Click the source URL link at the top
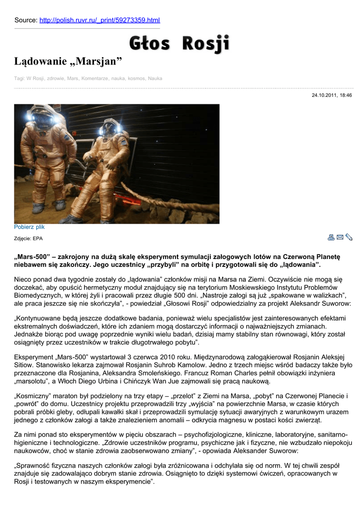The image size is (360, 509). pos(99,20)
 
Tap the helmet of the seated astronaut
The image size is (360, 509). pos(109,129)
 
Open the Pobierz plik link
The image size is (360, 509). pos(29,227)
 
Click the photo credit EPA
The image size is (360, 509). pos(37,239)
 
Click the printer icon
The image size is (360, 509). pos(331,237)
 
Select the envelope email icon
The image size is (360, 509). pos(340,237)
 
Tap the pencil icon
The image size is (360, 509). pos(349,237)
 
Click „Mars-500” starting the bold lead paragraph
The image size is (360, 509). pos(31,257)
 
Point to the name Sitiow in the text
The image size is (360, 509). pos(26,365)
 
